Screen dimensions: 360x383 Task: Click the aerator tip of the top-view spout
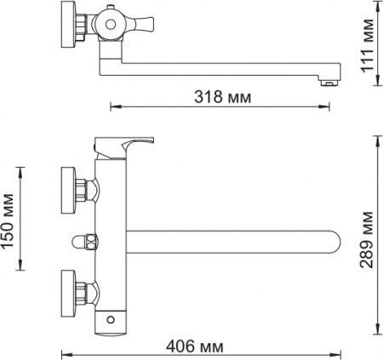pyautogui.click(x=326, y=83)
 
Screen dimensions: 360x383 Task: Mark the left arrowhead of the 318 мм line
pyautogui.click(x=114, y=107)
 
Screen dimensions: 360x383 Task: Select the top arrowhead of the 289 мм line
pyautogui.click(x=376, y=135)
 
